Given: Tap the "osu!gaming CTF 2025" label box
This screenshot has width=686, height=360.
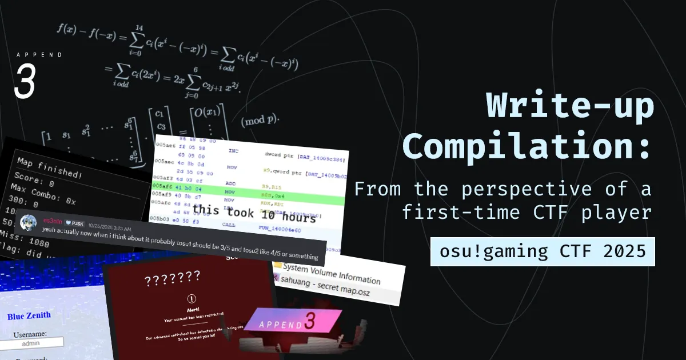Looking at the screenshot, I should (543, 252).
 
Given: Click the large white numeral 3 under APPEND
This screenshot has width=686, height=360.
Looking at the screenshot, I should (25, 81).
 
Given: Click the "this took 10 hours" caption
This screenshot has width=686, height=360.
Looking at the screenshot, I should (254, 214).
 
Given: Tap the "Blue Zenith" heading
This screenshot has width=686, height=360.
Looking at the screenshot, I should (29, 315).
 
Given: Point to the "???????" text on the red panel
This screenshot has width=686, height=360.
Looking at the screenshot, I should (172, 279).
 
